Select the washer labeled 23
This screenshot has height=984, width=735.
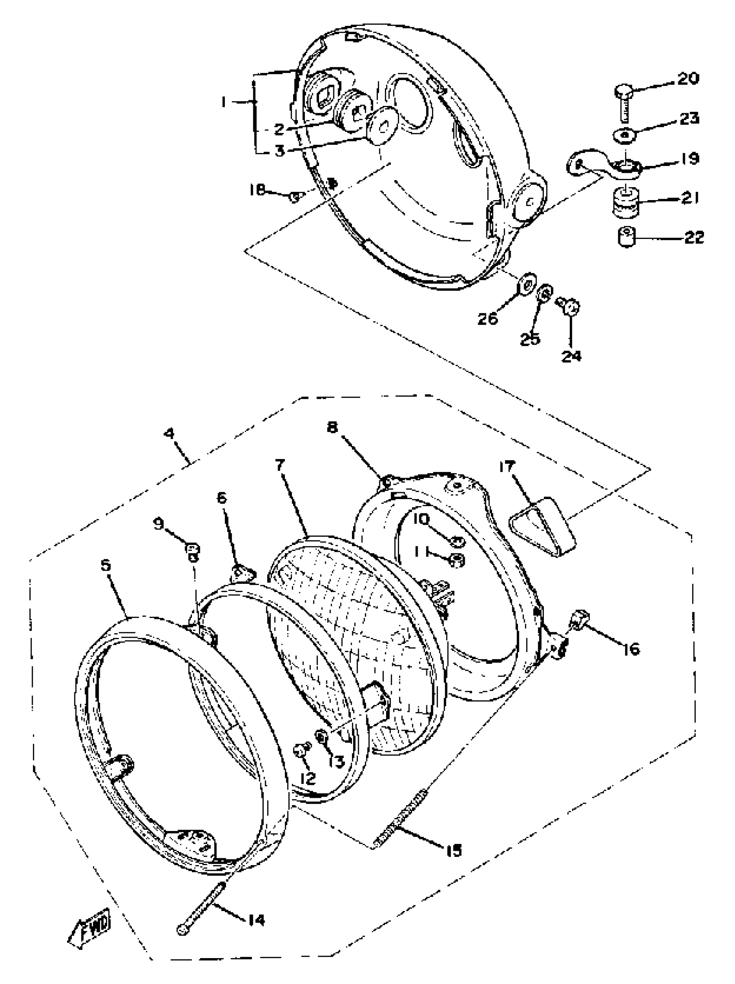click(626, 134)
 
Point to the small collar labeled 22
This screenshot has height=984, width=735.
click(626, 236)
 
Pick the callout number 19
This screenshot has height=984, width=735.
click(689, 159)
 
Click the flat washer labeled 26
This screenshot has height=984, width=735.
click(527, 282)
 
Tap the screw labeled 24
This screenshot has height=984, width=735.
click(571, 306)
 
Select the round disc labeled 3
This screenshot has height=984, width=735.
click(382, 126)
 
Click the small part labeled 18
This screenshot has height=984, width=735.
click(294, 197)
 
